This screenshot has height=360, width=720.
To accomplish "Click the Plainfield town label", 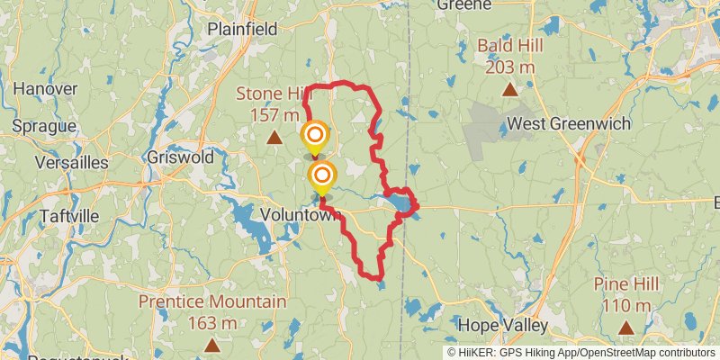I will coord(242,29).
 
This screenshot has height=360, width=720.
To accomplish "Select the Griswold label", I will coord(184,157).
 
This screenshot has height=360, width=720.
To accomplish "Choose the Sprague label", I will coord(42,126).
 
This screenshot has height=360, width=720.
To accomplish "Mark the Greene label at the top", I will coord(464,5).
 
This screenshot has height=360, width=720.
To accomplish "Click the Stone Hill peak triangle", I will coord(274,137).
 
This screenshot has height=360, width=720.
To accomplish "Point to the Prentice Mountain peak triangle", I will coord(211,344).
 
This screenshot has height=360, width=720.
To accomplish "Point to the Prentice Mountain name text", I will coord(213,302).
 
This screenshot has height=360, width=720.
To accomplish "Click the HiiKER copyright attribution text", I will coord(581,352).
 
